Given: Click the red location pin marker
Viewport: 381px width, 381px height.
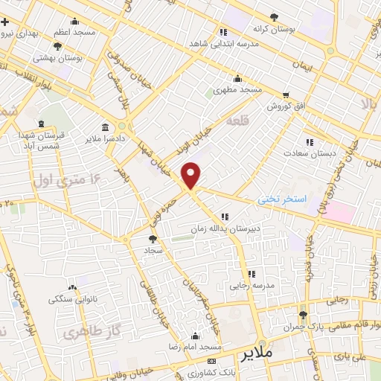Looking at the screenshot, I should [x=192, y=176].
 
